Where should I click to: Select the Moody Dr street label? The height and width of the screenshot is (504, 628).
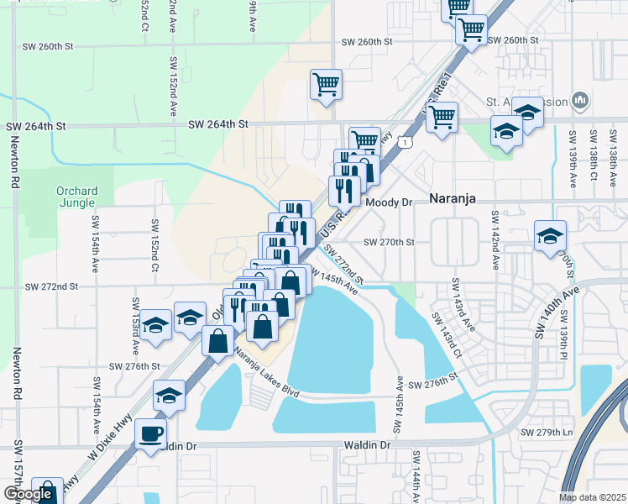[x=388, y=202]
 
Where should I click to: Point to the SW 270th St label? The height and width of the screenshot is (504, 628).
[x=390, y=242]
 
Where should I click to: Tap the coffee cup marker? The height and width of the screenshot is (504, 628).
[x=151, y=434]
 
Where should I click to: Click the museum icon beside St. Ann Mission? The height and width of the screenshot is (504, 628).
[x=580, y=102]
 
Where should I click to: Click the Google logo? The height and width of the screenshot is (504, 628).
[x=28, y=494]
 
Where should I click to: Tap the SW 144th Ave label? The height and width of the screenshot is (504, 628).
[x=415, y=475]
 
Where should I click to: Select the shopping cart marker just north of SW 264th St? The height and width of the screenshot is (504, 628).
[x=326, y=84]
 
